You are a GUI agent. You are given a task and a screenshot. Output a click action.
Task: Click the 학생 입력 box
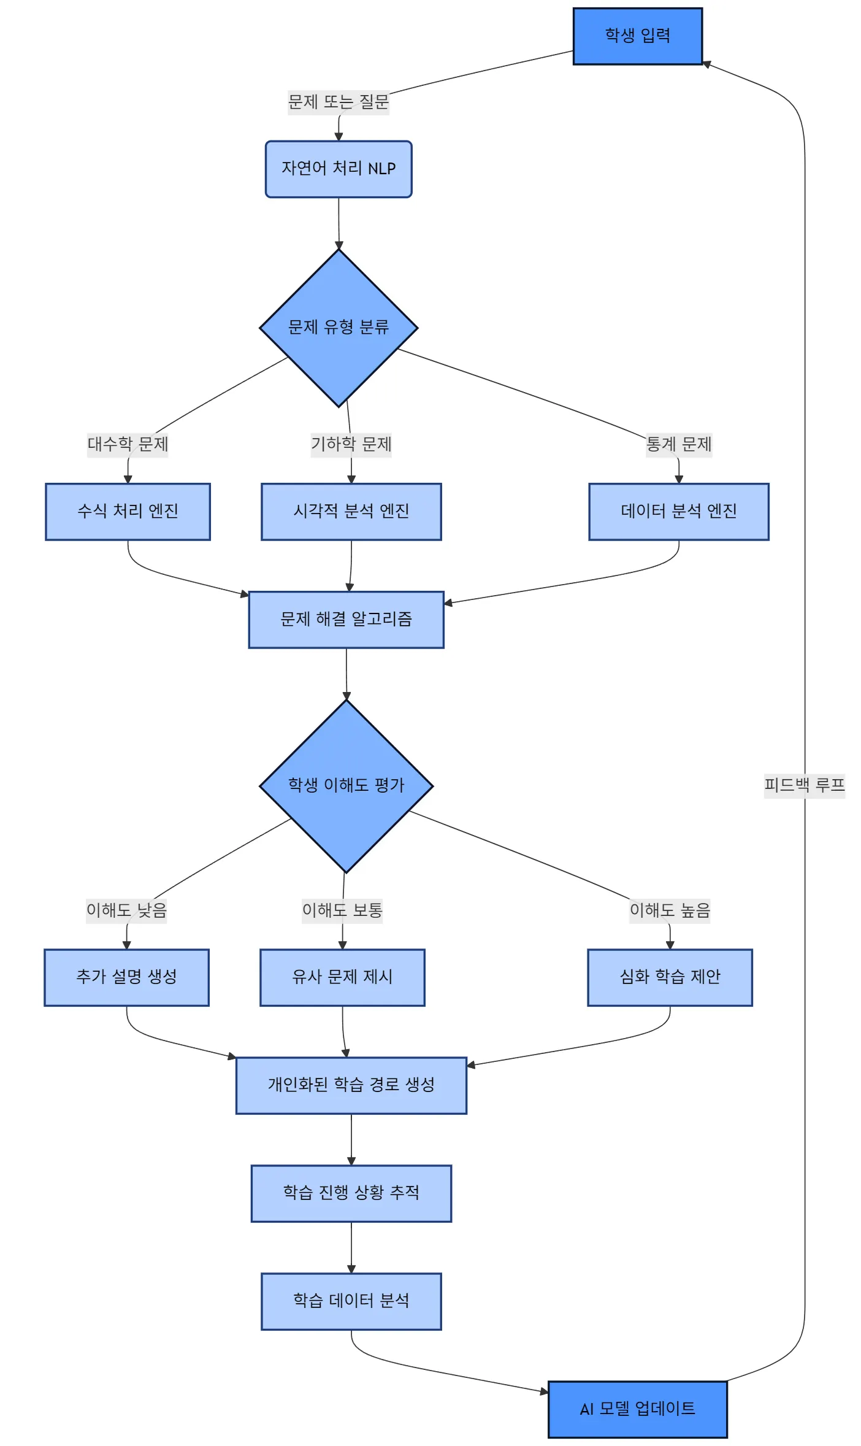(x=637, y=36)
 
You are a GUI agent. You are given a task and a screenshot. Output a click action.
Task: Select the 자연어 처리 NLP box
(x=339, y=169)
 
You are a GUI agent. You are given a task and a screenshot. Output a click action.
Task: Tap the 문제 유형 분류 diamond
(x=339, y=328)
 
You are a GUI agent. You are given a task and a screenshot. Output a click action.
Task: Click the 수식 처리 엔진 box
(x=128, y=512)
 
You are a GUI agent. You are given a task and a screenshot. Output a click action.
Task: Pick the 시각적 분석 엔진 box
(x=351, y=512)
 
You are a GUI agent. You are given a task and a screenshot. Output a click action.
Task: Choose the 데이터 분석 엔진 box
(x=678, y=512)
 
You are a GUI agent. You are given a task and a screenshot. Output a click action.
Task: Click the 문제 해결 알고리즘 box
(x=346, y=620)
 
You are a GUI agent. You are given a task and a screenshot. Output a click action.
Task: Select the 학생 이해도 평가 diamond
(x=346, y=786)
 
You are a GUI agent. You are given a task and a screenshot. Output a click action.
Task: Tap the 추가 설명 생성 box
(x=126, y=977)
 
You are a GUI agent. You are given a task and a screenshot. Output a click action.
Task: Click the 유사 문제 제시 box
(x=342, y=977)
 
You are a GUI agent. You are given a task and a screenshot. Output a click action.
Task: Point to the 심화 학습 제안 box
(x=670, y=977)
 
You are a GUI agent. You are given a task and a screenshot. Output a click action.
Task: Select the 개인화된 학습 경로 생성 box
(x=351, y=1085)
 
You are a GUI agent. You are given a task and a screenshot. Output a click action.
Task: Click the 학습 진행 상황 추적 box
(x=351, y=1193)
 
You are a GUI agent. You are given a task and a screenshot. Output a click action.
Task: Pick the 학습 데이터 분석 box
(x=351, y=1301)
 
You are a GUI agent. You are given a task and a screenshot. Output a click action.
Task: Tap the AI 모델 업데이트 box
(x=637, y=1409)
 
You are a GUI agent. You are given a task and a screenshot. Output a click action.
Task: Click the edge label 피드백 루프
(x=804, y=785)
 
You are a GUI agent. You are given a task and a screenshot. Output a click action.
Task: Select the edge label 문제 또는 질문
(x=339, y=102)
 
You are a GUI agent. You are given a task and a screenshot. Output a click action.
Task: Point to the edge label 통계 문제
(x=679, y=445)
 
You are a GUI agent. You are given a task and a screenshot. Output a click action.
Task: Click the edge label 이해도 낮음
(x=126, y=910)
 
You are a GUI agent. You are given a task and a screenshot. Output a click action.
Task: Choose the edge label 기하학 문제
(x=351, y=445)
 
